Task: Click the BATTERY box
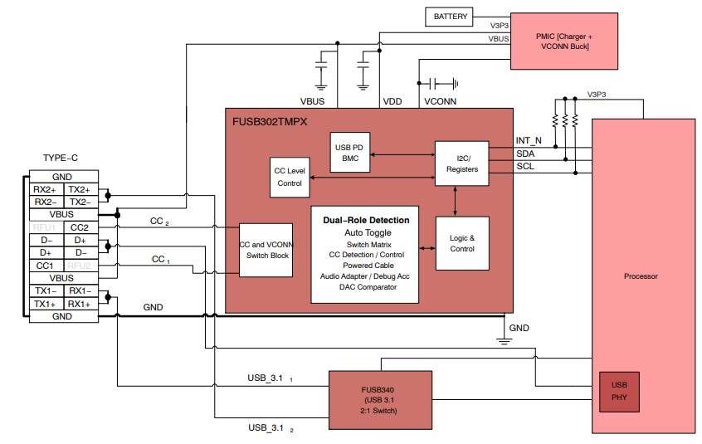click(x=451, y=16)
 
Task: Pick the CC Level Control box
click(x=289, y=177)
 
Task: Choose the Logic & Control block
click(x=461, y=242)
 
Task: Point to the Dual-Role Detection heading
click(x=366, y=220)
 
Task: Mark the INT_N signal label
click(x=529, y=141)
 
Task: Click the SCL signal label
click(x=525, y=167)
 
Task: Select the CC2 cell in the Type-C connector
click(x=80, y=227)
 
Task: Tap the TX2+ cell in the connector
click(x=80, y=189)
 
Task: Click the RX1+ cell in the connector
click(x=80, y=305)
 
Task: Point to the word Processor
click(x=641, y=276)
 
